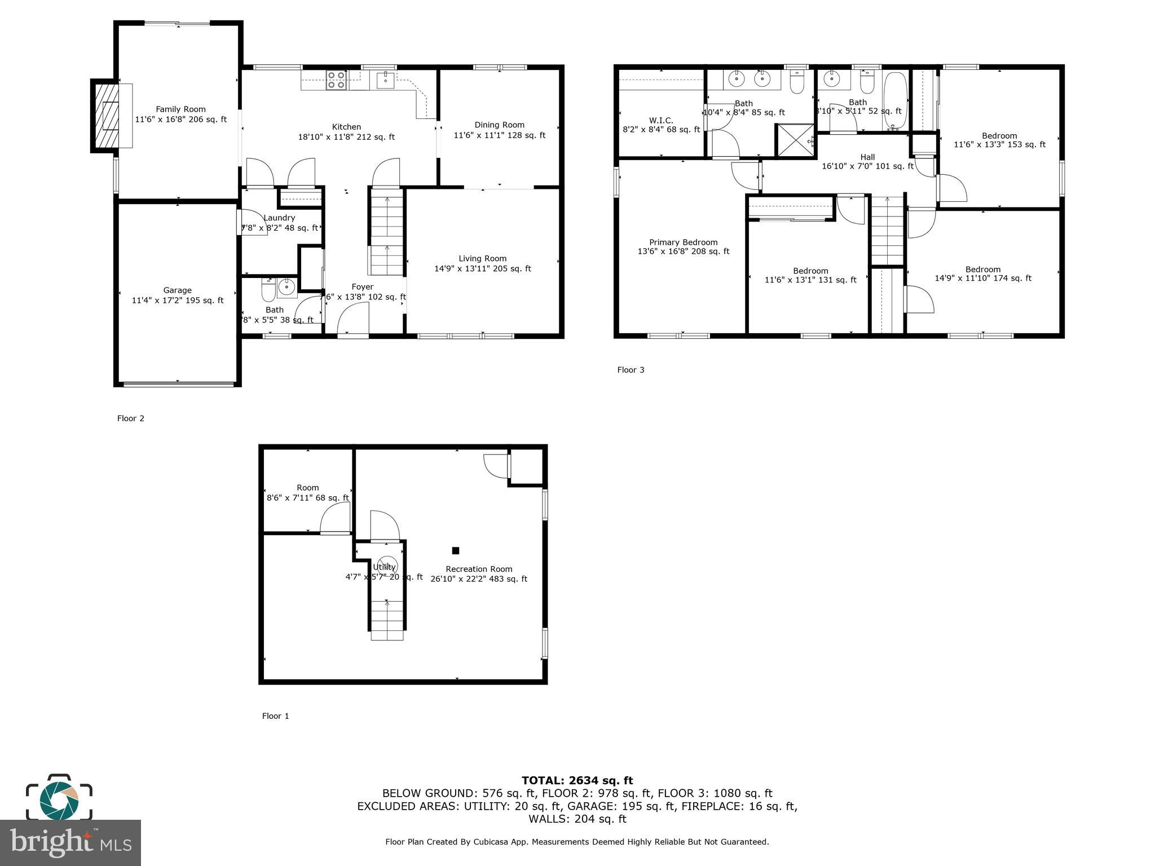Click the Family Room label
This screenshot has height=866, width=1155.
(180, 109)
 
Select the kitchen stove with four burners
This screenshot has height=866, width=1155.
(337, 80)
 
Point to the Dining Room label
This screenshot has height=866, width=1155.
(499, 125)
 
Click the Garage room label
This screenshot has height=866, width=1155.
(177, 290)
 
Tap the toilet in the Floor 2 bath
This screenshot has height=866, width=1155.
(268, 291)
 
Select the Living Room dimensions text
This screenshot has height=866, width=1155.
(482, 269)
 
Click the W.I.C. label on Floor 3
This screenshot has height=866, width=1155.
(661, 121)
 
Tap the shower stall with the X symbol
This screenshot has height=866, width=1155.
(795, 139)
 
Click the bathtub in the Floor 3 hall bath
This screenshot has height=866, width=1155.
(894, 100)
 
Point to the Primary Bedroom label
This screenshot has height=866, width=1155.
(683, 242)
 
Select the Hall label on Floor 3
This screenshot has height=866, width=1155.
(867, 157)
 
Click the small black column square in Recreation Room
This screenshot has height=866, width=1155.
(456, 550)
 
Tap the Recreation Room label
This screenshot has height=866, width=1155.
(479, 569)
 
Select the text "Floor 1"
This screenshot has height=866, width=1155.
(275, 716)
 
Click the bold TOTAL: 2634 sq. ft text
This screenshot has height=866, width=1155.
(577, 780)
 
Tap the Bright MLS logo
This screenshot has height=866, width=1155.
(70, 842)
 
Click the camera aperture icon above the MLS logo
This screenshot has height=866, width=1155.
(59, 798)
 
